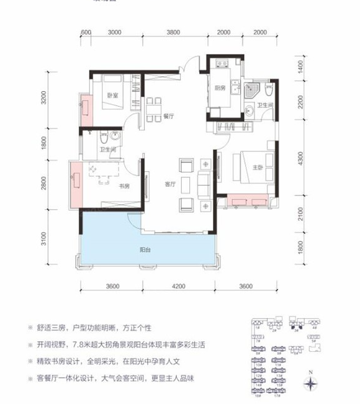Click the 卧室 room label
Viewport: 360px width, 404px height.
[x=112, y=96]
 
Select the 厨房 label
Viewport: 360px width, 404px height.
[x=220, y=88]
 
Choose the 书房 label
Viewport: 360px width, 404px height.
[x=124, y=186]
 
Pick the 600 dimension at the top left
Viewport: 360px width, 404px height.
[x=86, y=33]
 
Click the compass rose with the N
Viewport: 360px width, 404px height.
[x=310, y=382]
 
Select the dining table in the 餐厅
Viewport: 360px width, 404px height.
[x=155, y=107]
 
